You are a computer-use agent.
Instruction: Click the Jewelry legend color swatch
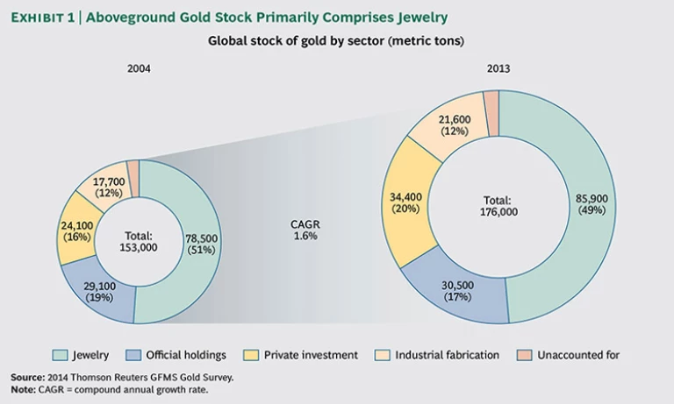point(61,355)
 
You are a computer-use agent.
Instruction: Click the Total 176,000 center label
point(498,205)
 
